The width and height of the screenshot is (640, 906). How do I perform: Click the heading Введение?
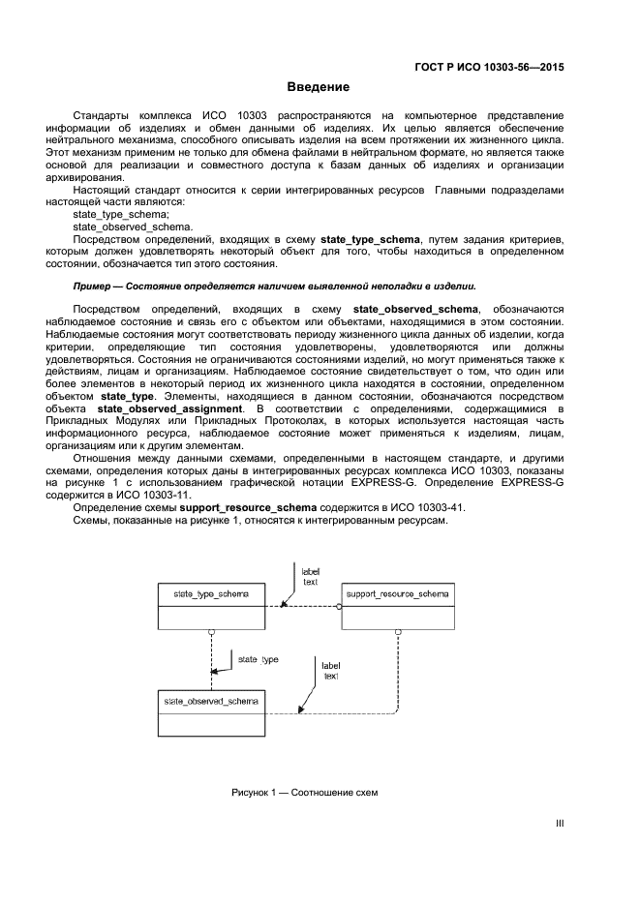pyautogui.click(x=319, y=87)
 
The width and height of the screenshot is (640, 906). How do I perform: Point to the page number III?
pyautogui.click(x=559, y=824)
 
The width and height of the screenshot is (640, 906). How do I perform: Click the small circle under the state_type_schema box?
pyautogui.click(x=211, y=630)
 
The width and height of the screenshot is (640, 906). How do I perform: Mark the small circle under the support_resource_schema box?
pyautogui.click(x=398, y=630)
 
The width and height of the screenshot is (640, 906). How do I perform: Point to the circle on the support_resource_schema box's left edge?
pyautogui.click(x=339, y=606)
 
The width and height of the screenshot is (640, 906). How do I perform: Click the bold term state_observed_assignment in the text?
pyautogui.click(x=170, y=408)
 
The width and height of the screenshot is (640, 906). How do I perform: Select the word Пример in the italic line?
pyautogui.click(x=92, y=287)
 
